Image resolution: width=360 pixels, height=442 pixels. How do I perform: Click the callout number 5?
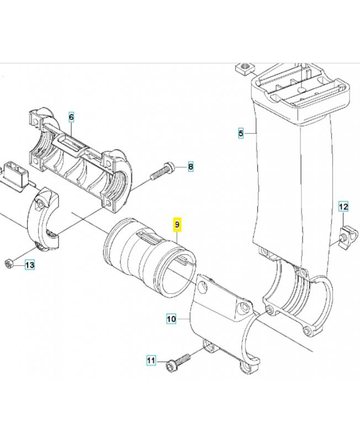241,133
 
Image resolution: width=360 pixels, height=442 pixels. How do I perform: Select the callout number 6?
71,117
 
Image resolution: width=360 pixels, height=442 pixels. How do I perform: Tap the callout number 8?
190,166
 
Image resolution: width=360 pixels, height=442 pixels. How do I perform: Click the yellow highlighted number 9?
177,225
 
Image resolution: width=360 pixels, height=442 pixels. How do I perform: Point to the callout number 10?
171,319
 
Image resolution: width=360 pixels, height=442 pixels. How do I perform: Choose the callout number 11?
151,361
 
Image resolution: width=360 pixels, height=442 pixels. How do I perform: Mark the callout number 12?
343,207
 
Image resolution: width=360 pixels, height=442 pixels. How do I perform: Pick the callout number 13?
29,265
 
